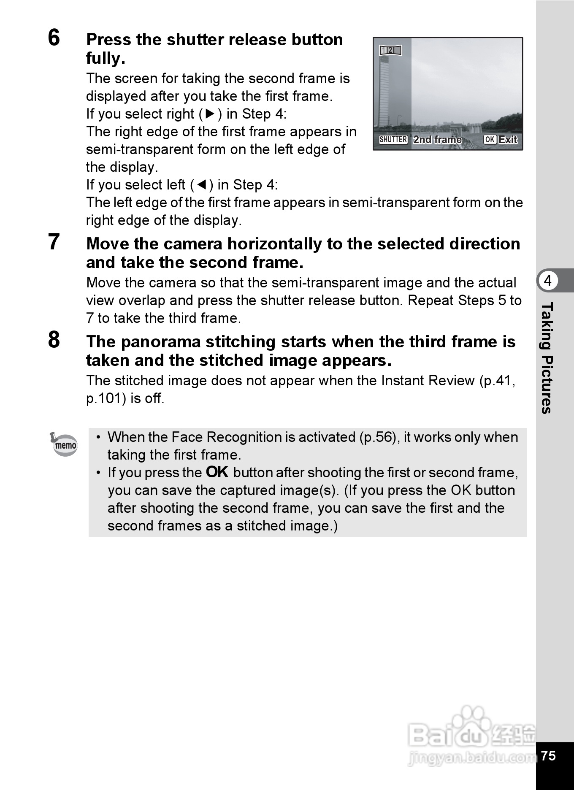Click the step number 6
click(x=54, y=38)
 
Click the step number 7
click(x=54, y=242)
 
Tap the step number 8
click(x=54, y=340)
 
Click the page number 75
click(x=548, y=755)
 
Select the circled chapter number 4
click(x=548, y=281)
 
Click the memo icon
click(x=65, y=444)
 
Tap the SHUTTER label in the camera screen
click(x=393, y=140)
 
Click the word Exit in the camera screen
click(x=508, y=140)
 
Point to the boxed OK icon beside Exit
click(x=490, y=140)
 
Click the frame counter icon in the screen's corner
click(x=390, y=51)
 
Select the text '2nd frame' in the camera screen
click(x=437, y=140)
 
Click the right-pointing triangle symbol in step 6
click(x=210, y=114)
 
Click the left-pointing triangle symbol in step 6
click(x=202, y=185)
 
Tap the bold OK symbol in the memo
click(x=217, y=472)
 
